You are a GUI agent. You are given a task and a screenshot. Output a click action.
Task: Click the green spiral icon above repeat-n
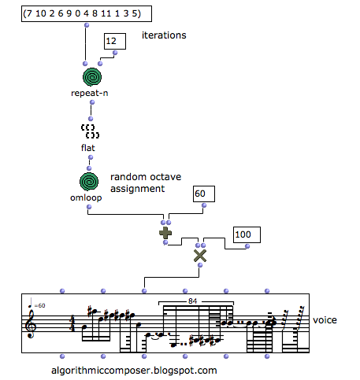click(x=92, y=77)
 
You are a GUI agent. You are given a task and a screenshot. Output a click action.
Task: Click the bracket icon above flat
click(x=89, y=131)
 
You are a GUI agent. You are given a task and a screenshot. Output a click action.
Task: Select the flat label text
click(x=89, y=147)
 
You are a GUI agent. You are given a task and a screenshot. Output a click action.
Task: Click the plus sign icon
click(x=165, y=232)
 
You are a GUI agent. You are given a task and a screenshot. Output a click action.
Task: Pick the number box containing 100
click(x=246, y=234)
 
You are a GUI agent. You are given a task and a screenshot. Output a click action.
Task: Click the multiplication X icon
click(x=200, y=254)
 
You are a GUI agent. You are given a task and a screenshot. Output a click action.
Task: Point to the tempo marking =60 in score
click(x=38, y=304)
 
